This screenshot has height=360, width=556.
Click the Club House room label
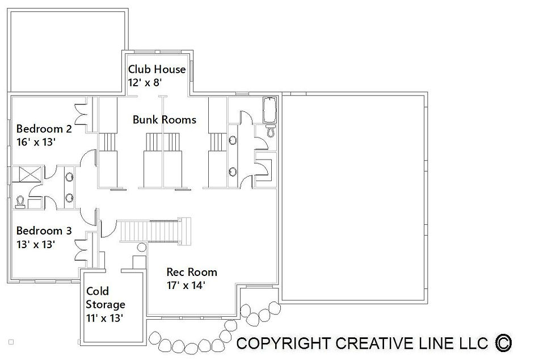point(157,69)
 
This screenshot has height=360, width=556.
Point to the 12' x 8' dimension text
point(145,82)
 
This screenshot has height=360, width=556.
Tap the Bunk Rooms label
point(164,120)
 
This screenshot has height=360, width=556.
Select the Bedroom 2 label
point(44,128)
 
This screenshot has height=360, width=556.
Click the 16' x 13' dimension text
point(36,142)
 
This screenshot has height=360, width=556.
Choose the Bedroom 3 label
point(44,231)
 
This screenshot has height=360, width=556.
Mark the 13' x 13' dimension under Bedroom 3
point(35,244)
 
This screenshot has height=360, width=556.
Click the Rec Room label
point(192,272)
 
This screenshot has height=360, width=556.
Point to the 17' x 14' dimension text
point(186,286)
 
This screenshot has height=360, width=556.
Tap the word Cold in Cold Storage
point(98,291)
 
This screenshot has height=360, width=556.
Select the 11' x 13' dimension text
point(104,318)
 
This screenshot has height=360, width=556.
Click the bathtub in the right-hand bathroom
point(269,110)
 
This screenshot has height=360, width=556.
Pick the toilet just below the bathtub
point(271,131)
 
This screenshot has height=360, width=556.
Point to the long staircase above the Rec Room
point(155,231)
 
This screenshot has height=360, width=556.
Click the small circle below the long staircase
point(141,248)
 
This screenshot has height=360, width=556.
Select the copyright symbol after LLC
point(503,344)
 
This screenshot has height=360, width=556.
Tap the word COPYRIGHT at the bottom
point(283,344)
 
